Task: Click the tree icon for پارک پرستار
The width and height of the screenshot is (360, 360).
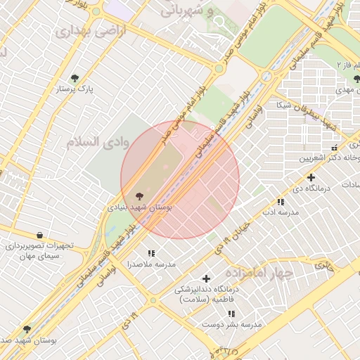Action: [x=75, y=78]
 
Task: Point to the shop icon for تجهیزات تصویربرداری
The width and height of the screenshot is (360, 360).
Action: [x=39, y=235]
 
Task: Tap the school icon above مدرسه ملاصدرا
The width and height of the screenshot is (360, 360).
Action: [x=150, y=253]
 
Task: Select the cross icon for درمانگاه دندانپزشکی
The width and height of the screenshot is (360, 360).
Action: [x=206, y=278]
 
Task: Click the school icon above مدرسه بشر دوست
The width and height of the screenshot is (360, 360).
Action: [x=231, y=314]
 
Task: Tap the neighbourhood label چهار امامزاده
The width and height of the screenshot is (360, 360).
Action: [x=258, y=273]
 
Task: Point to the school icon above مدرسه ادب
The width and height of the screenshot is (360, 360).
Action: [x=282, y=202]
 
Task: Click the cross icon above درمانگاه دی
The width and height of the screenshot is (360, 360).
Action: [x=311, y=177]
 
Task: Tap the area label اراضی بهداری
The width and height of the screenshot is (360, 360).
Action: [x=81, y=32]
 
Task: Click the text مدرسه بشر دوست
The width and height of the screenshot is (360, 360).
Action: [x=232, y=325]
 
